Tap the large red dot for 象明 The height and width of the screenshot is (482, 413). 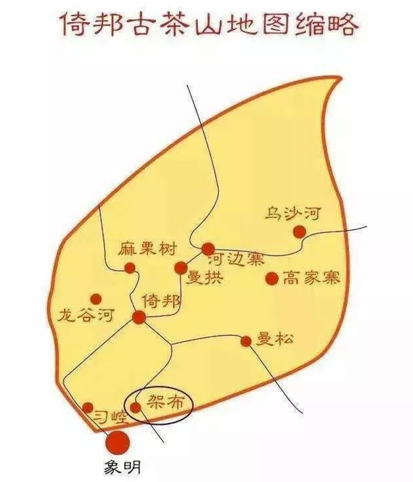[x=118, y=440]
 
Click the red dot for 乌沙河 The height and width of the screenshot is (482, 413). [x=299, y=231]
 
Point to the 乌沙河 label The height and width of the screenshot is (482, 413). [x=292, y=213]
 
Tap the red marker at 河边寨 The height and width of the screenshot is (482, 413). [x=208, y=248]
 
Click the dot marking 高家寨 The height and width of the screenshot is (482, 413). [x=271, y=279]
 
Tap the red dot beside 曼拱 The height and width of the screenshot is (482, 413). [x=180, y=267]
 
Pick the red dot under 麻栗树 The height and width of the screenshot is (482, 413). [x=130, y=268]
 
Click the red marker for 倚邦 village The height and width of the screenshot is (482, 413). [x=139, y=318]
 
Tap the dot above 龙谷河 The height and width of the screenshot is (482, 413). [x=96, y=299]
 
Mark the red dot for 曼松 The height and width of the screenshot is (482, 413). [x=246, y=341]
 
